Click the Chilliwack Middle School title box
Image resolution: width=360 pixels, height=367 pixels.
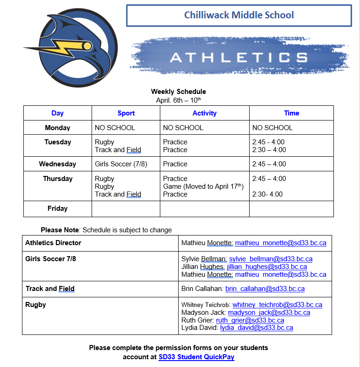(x=239, y=16)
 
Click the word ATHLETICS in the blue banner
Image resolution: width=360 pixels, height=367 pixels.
(x=238, y=57)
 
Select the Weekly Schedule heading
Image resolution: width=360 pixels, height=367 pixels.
(x=179, y=92)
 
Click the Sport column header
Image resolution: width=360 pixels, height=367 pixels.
(x=126, y=113)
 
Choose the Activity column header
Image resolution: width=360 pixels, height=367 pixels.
(x=204, y=113)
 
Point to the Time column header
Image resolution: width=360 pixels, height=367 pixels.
(x=291, y=113)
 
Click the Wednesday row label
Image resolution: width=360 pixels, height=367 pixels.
(x=58, y=164)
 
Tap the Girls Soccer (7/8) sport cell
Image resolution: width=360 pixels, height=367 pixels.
(x=121, y=164)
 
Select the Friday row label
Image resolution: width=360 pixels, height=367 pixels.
(x=58, y=208)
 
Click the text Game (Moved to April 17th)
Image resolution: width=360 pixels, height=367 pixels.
(x=203, y=186)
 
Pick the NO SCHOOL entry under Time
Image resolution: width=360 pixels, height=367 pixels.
(x=273, y=128)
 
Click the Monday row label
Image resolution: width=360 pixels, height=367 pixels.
(x=58, y=128)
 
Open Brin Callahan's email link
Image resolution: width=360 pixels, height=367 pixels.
(x=265, y=289)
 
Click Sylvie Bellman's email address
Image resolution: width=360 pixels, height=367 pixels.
(x=271, y=259)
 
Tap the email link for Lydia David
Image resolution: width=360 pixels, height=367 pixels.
(x=256, y=328)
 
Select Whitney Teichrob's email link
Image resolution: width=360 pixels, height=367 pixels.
(x=277, y=305)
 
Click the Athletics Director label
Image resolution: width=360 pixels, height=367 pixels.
(x=53, y=243)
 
